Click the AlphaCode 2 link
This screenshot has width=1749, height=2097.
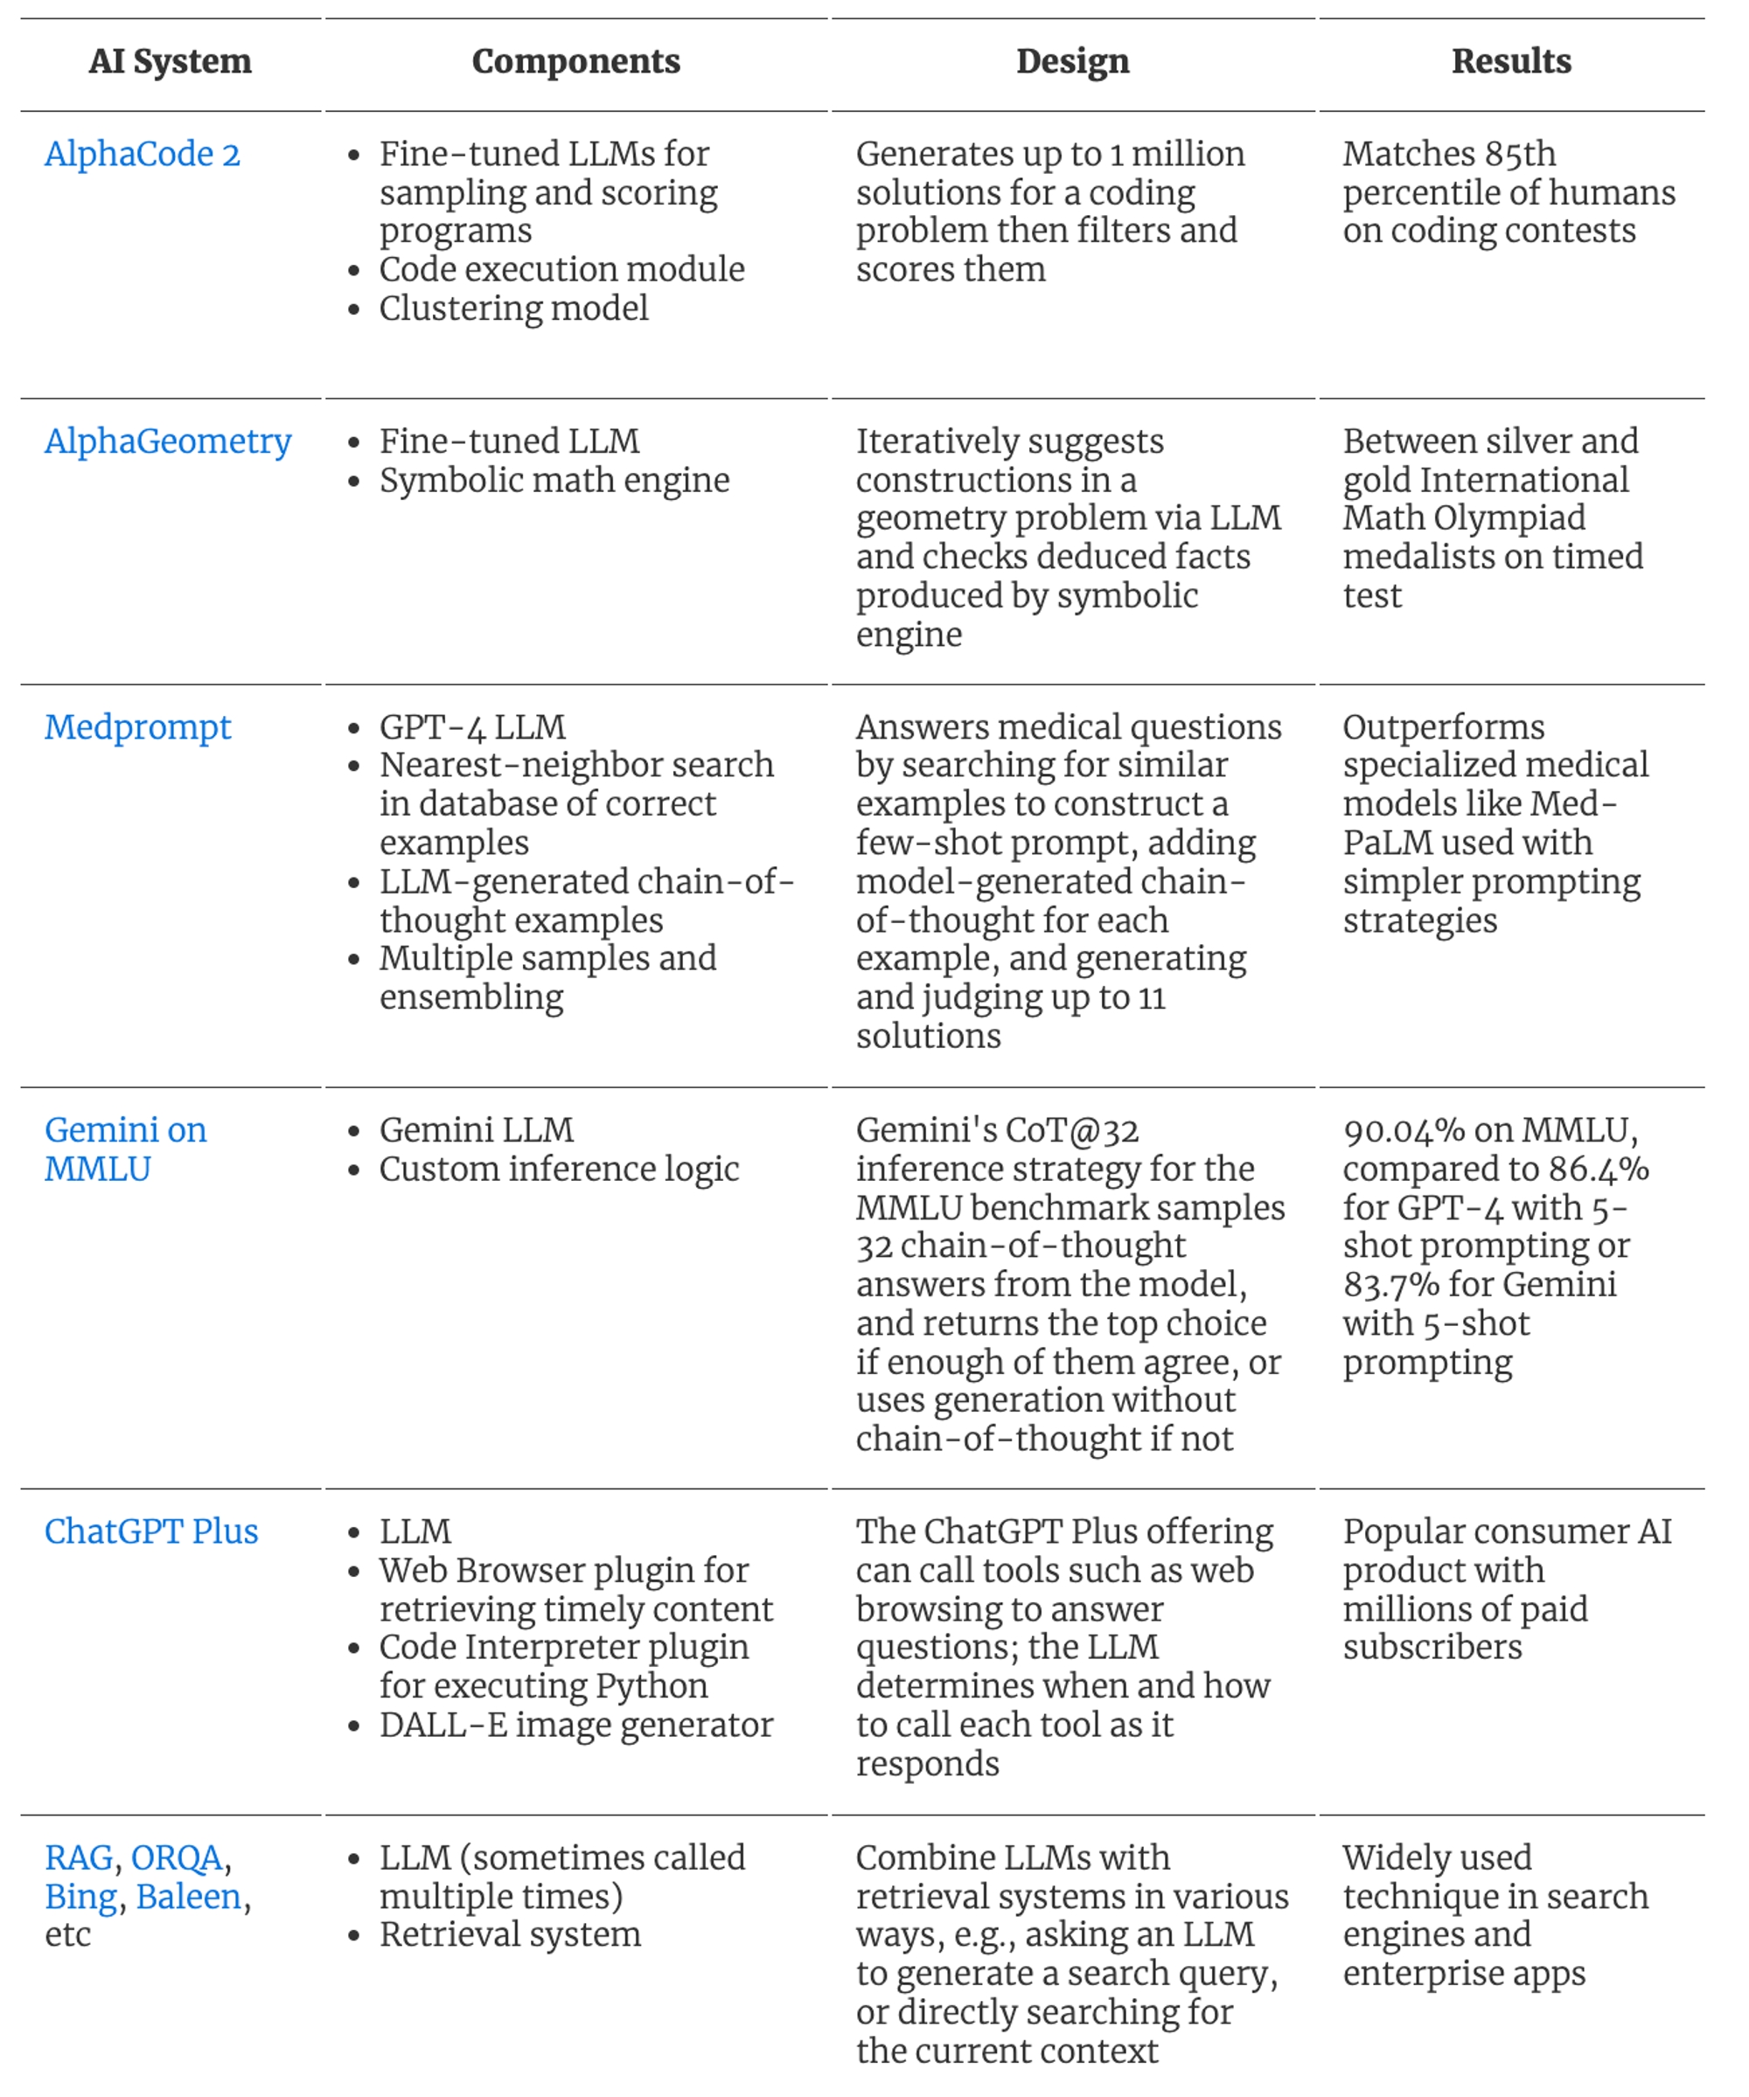click(x=142, y=154)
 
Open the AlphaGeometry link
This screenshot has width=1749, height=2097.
click(x=168, y=441)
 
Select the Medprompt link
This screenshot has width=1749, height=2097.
click(x=138, y=727)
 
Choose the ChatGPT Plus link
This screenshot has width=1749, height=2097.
click(x=150, y=1531)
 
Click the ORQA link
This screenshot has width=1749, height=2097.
click(x=177, y=1857)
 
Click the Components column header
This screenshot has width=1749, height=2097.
click(x=575, y=62)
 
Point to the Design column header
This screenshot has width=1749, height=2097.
click(x=1072, y=62)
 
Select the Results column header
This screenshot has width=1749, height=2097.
click(x=1510, y=62)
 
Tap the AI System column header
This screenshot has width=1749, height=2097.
click(x=170, y=62)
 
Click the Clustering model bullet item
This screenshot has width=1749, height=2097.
click(x=513, y=309)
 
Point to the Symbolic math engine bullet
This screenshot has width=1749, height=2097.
click(x=554, y=480)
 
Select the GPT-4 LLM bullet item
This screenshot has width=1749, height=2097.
click(x=472, y=727)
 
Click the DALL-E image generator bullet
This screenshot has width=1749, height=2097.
click(x=575, y=1725)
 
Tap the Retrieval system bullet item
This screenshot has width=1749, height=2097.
click(x=510, y=1934)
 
